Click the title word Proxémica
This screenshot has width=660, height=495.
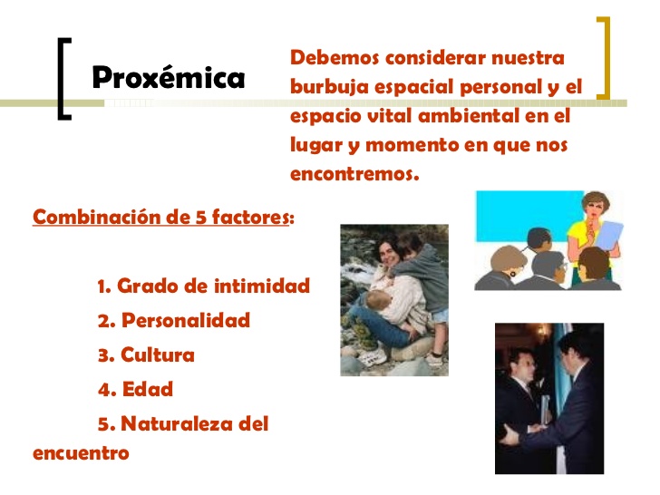click(x=168, y=78)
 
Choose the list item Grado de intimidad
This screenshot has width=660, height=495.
click(x=213, y=286)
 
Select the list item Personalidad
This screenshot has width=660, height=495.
click(x=185, y=320)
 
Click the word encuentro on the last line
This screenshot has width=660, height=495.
click(x=81, y=451)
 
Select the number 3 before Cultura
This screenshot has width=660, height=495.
click(x=102, y=355)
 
